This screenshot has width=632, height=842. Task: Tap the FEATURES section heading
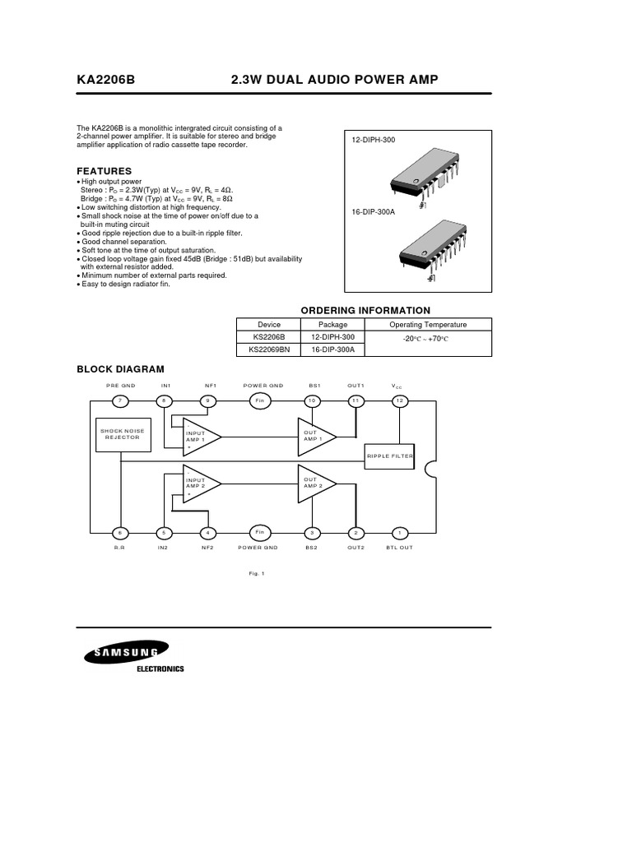(104, 171)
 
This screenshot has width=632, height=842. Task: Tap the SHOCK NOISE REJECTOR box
(120, 434)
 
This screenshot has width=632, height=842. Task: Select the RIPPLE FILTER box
(390, 455)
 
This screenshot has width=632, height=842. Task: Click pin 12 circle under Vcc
(399, 400)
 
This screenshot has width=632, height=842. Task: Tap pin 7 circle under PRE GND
(120, 400)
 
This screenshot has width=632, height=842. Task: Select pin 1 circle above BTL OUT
(399, 532)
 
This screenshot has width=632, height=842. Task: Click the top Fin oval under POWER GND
(259, 400)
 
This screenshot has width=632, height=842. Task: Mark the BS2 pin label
(313, 548)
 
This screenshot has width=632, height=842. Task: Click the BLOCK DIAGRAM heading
(120, 369)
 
